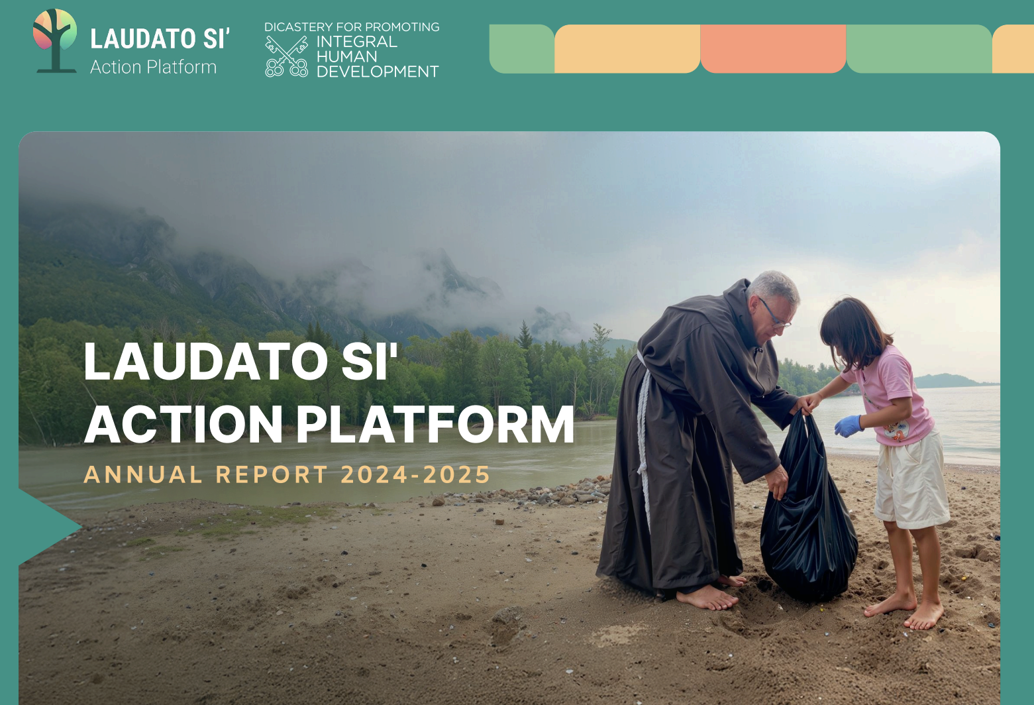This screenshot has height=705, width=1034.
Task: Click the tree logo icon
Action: click(x=55, y=39)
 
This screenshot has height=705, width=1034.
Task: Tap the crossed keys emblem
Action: click(x=286, y=56)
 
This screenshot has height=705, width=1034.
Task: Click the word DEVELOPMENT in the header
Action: click(x=378, y=72)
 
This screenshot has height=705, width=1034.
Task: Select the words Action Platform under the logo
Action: click(x=153, y=67)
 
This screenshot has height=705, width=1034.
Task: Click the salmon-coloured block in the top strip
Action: click(x=772, y=48)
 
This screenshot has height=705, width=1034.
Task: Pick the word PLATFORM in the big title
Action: click(x=435, y=425)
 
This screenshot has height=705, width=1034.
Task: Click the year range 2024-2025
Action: click(x=415, y=475)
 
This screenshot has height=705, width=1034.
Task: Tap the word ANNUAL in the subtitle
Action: click(x=143, y=475)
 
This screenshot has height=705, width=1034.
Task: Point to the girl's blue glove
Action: click(x=847, y=425)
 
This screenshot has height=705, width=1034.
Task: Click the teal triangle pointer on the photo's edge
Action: click(x=46, y=527)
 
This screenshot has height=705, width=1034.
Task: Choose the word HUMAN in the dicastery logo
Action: click(x=346, y=56)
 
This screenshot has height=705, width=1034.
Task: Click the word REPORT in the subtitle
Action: click(x=272, y=475)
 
